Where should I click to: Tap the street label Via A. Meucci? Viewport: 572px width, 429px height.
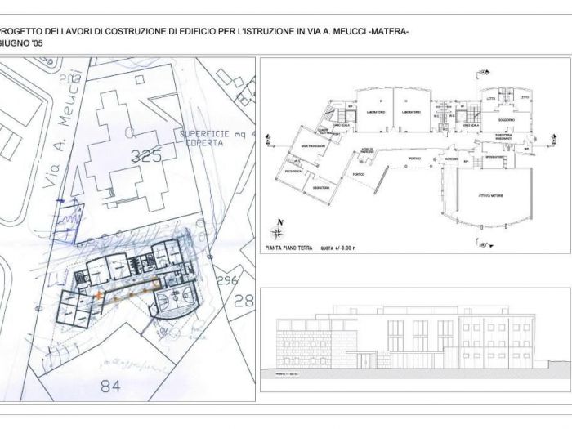[x=68, y=131]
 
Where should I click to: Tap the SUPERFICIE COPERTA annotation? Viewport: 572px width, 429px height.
[x=213, y=140]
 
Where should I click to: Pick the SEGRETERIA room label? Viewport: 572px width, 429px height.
[x=320, y=188]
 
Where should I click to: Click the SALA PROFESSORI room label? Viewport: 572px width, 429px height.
[x=313, y=145]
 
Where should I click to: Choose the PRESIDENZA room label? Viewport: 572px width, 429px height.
[x=293, y=172]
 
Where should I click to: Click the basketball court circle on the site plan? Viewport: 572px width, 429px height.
[x=175, y=304]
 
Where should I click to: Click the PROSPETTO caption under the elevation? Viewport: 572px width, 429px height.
[x=286, y=373]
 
